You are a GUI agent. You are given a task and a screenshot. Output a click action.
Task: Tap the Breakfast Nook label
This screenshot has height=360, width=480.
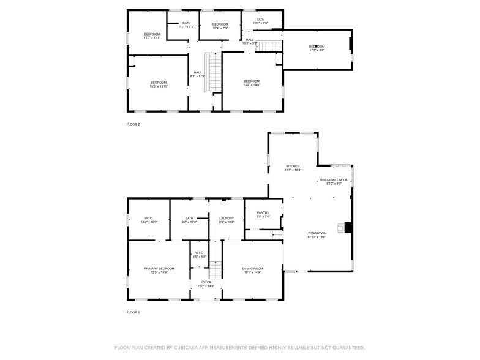[334, 181]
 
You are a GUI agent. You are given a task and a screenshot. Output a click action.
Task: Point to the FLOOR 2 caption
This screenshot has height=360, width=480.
[133, 124]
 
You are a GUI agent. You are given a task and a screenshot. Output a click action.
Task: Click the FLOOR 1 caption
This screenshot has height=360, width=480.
[133, 313]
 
